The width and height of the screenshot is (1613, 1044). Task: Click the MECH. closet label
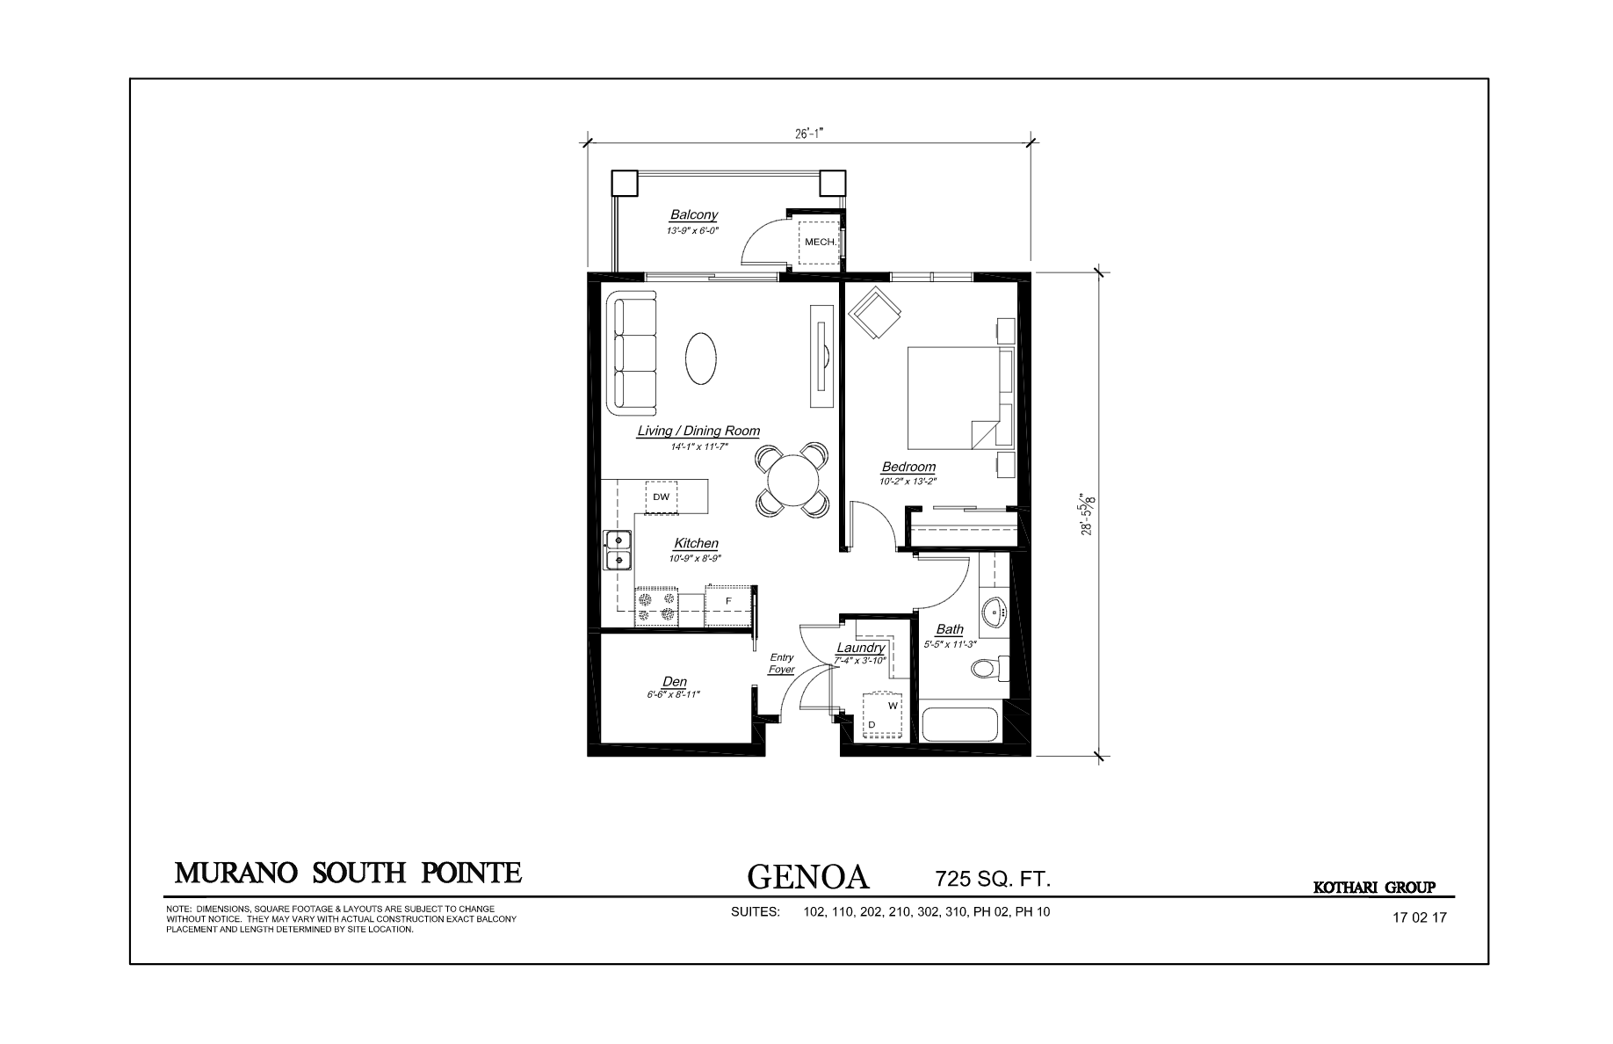(x=819, y=242)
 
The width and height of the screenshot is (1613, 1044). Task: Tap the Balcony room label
(x=694, y=214)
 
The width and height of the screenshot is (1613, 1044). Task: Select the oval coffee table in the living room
(x=700, y=358)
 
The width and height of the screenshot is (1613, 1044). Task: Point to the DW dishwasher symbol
(x=662, y=497)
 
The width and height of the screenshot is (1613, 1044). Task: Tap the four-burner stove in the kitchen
(x=657, y=607)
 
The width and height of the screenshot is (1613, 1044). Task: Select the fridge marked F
(x=728, y=602)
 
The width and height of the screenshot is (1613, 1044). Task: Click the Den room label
(x=675, y=682)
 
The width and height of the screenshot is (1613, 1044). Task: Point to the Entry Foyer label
(x=782, y=663)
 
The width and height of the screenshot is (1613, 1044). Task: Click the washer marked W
(x=892, y=705)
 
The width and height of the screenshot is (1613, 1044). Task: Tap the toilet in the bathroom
(x=989, y=668)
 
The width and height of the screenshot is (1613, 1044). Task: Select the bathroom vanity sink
(x=995, y=608)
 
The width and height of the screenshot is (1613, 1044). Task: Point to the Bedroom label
(x=908, y=467)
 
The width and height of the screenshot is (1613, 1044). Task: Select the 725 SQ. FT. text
(x=993, y=878)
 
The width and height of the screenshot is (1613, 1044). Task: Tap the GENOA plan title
(x=807, y=876)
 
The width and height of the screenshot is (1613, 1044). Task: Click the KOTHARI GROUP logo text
(x=1374, y=888)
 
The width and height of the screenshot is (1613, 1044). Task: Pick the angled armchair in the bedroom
(x=873, y=312)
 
